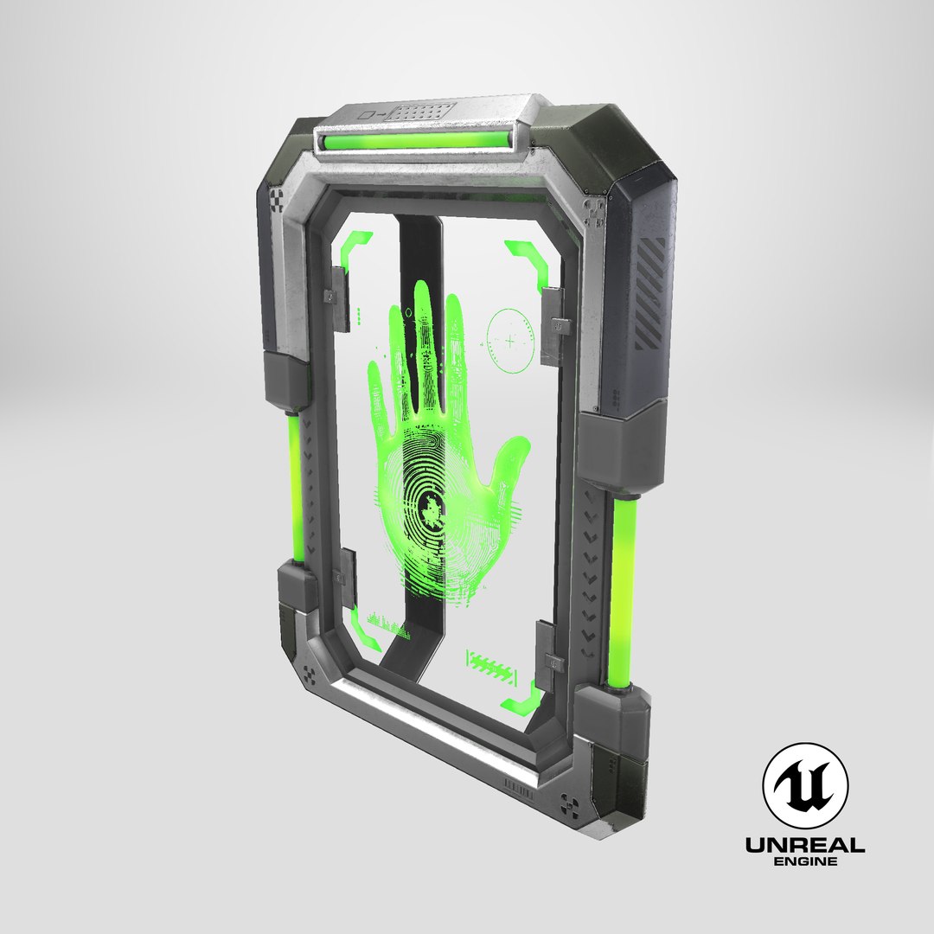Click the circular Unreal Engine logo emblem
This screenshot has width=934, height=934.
(804, 785)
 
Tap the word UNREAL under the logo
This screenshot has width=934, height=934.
(804, 845)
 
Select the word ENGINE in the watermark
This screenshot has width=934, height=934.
(804, 862)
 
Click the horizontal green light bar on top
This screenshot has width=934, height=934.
(416, 141)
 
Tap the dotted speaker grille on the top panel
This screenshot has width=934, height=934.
(422, 111)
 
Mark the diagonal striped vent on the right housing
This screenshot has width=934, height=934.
(651, 292)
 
